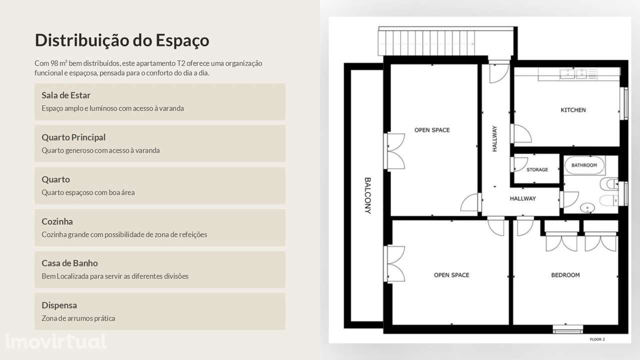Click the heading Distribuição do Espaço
point(122,40)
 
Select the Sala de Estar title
point(66,95)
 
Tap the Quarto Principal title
point(73,137)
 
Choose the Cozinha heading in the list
point(57,221)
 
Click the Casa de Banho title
point(69,263)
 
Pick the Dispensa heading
point(59,305)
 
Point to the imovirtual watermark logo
point(55,341)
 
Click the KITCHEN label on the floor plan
point(573,110)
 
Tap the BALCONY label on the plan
point(367,195)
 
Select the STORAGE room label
point(537,170)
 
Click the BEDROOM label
point(565,275)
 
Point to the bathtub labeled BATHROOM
point(584,165)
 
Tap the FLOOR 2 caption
point(597,339)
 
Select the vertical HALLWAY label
point(495,139)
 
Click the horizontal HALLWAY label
point(522,198)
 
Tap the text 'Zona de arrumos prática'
point(78,318)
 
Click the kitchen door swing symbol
point(521,133)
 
